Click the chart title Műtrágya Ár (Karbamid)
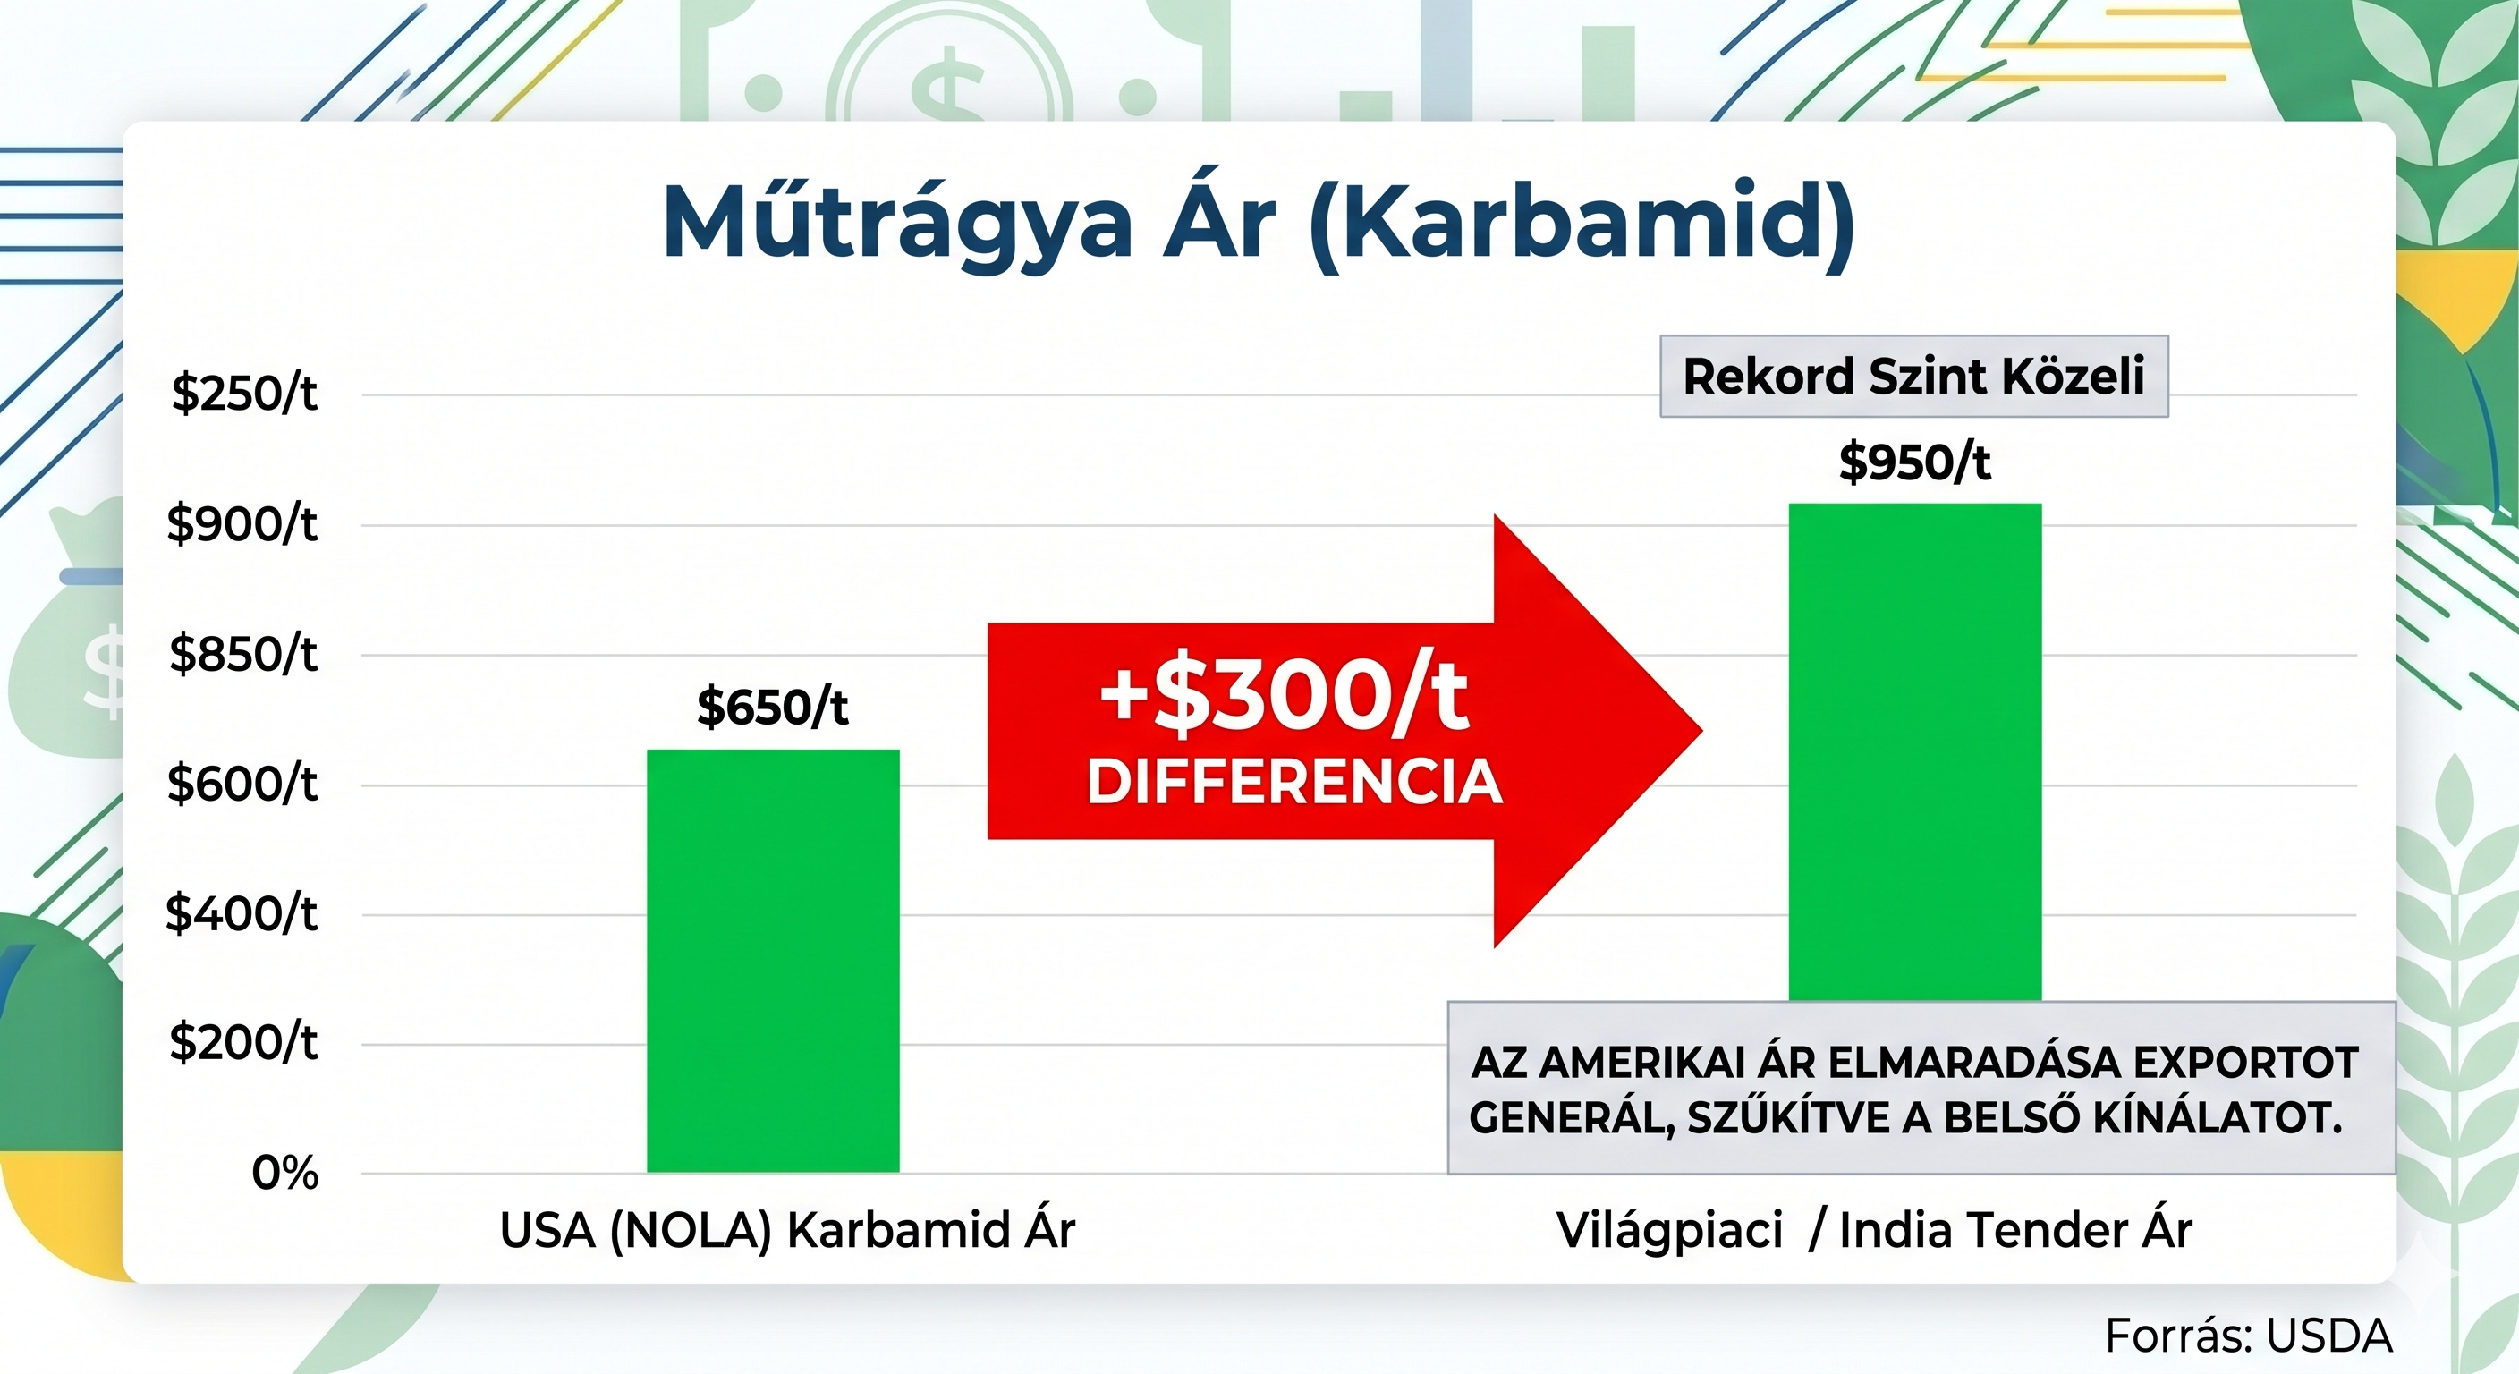pyautogui.click(x=1259, y=222)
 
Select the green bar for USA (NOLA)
pyautogui.click(x=773, y=961)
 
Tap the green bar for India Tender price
pyautogui.click(x=1914, y=752)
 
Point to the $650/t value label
pyautogui.click(x=773, y=706)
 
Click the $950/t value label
pyautogui.click(x=1914, y=462)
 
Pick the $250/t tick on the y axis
pyautogui.click(x=244, y=393)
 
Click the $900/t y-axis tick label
pyautogui.click(x=242, y=524)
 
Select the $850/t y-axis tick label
pyautogui.click(x=243, y=653)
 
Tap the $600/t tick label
pyautogui.click(x=242, y=784)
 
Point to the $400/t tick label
pyautogui.click(x=242, y=913)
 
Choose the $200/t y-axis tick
pyautogui.click(x=243, y=1042)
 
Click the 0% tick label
pyautogui.click(x=284, y=1173)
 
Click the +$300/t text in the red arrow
pyautogui.click(x=1284, y=696)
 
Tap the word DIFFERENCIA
pyautogui.click(x=1293, y=783)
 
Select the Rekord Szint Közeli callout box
pyautogui.click(x=1913, y=377)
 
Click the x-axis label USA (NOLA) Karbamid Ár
pyautogui.click(x=787, y=1230)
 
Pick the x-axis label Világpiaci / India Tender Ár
pyautogui.click(x=1875, y=1230)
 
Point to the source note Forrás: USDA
pyautogui.click(x=2248, y=1336)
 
